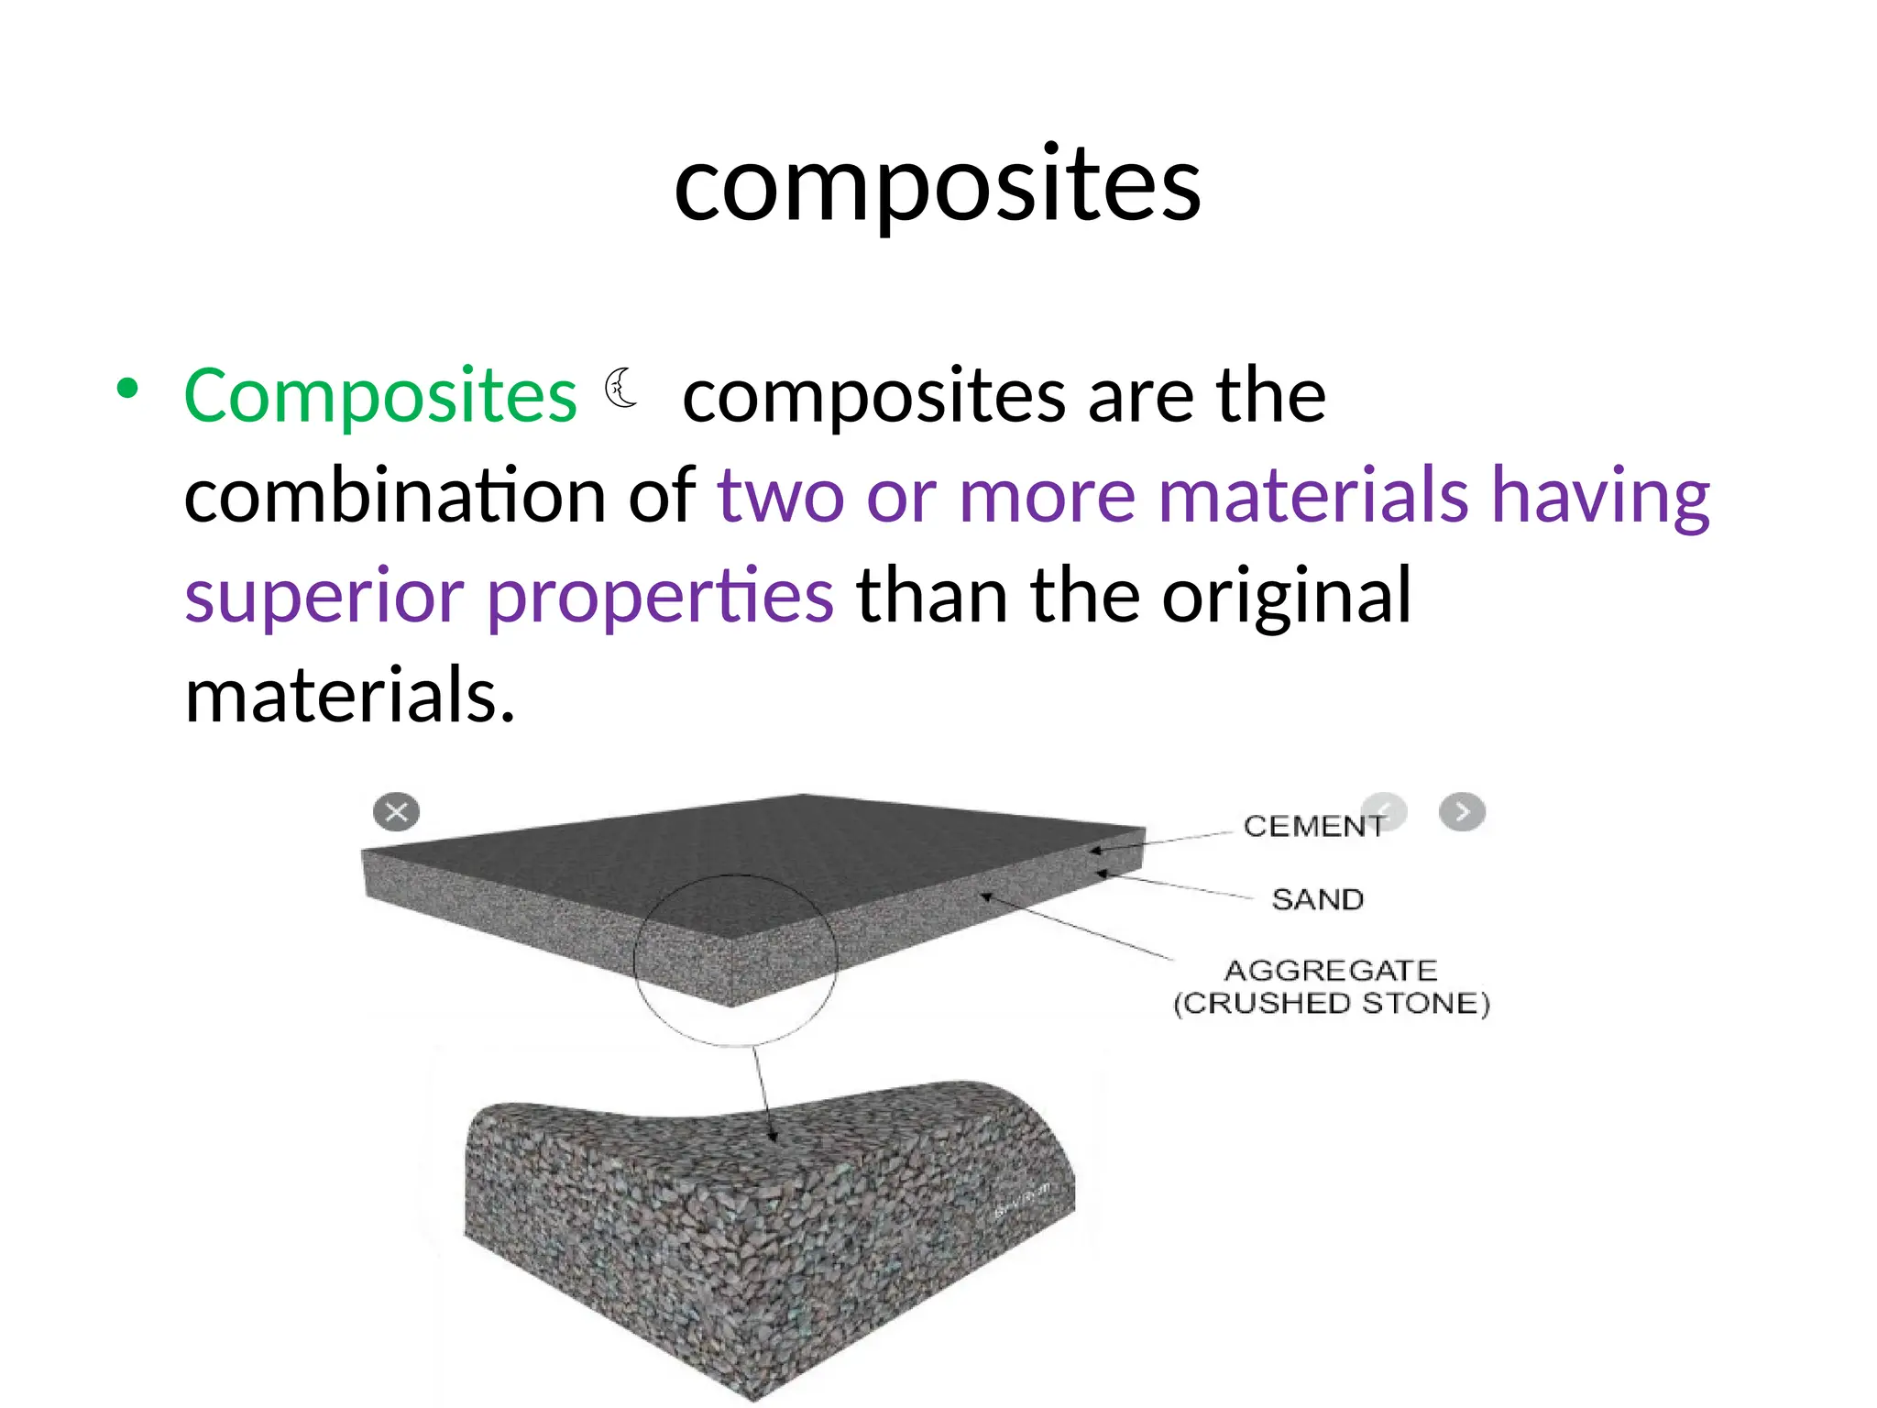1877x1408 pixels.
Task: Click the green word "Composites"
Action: coord(380,396)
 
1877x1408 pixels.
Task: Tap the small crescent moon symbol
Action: coord(621,388)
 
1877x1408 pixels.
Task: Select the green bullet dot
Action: coord(127,389)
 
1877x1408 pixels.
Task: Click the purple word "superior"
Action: coord(324,596)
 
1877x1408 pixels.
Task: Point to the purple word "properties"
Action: coord(660,596)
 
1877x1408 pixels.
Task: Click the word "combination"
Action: coord(394,495)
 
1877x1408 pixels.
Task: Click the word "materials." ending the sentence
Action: coord(350,695)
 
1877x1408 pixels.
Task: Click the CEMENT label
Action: coord(1312,826)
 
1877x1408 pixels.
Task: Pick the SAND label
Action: coord(1317,899)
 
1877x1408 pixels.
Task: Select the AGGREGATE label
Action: coord(1331,970)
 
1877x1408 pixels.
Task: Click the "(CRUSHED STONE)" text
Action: coord(1332,1004)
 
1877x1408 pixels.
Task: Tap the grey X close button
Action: coord(397,812)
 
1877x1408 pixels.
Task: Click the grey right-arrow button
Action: coord(1462,812)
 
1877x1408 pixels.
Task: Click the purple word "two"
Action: coord(780,495)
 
